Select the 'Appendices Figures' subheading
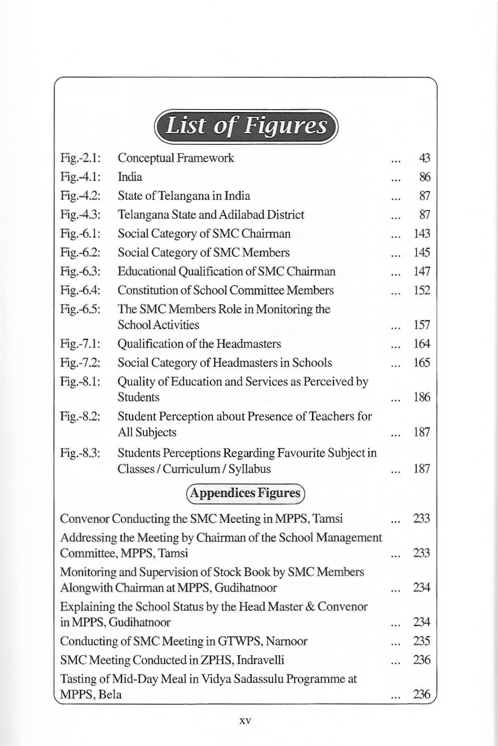[x=245, y=493]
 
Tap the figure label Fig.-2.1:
[x=80, y=158]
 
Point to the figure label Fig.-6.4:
[x=80, y=290]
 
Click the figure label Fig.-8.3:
[x=80, y=453]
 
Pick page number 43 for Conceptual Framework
[x=424, y=158]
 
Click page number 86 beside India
[x=424, y=177]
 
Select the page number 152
[x=422, y=290]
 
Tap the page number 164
[x=422, y=344]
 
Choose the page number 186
[x=422, y=398]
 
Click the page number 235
[x=422, y=641]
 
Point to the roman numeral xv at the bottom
[x=244, y=721]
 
